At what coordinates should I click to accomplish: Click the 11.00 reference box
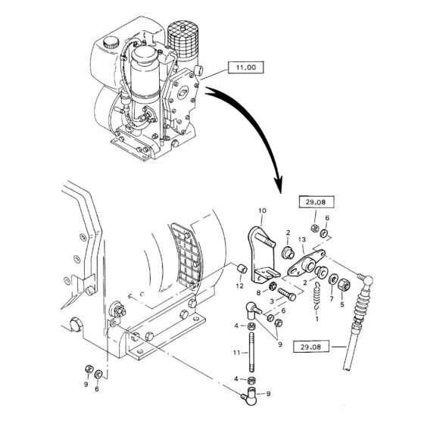(246, 69)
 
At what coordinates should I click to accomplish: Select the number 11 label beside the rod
(236, 354)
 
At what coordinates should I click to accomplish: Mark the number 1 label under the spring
(316, 320)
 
